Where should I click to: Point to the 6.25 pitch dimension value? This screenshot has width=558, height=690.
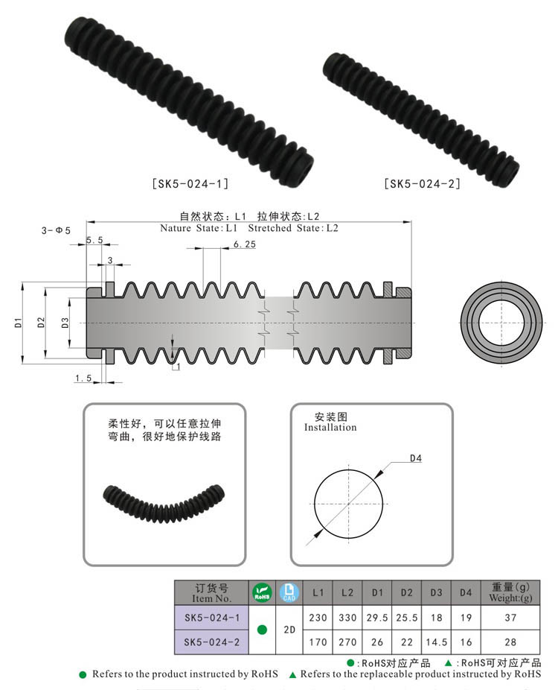244,244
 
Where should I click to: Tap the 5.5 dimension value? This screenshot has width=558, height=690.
94,240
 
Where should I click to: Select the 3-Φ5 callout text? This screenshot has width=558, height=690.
56,231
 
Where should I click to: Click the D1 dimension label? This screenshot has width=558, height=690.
16,323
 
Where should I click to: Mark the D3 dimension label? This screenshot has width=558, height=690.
65,323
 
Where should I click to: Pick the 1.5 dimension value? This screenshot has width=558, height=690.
83,379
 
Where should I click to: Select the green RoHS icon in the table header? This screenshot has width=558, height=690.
262,592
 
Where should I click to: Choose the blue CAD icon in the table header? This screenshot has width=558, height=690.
289,592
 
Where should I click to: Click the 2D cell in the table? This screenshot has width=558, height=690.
289,629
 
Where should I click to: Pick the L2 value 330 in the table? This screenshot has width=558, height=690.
347,618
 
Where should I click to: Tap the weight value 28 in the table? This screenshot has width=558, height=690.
510,641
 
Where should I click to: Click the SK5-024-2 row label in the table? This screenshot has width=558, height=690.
211,641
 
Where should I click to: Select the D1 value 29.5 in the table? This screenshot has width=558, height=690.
376,618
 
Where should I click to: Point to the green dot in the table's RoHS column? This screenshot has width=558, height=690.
262,629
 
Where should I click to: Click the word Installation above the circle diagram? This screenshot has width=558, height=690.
330,428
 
